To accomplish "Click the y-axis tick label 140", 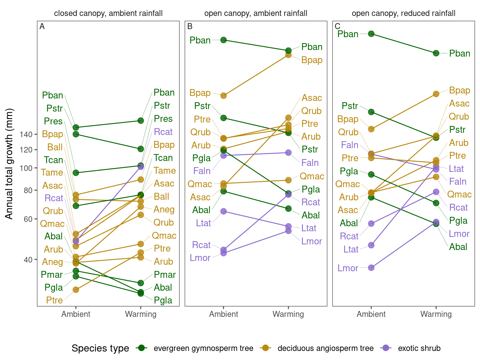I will click(x=26, y=134).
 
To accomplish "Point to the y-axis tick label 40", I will click(x=28, y=260).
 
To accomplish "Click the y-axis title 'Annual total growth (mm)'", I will click(x=9, y=164).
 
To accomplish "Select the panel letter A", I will click(x=42, y=27).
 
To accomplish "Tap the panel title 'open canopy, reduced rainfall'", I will click(x=403, y=13).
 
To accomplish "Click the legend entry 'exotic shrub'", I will click(x=419, y=348).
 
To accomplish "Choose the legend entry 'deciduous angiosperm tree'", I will click(x=325, y=348).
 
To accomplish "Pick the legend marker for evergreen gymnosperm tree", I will click(x=142, y=348).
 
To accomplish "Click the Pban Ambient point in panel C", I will click(x=371, y=34).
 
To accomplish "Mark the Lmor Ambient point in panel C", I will click(x=371, y=268).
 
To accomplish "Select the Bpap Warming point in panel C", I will click(x=436, y=94).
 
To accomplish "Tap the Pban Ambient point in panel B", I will click(x=223, y=40).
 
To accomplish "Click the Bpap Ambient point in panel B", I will click(x=223, y=96).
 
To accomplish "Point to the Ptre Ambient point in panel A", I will click(x=76, y=290).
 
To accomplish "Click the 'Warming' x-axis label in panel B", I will click(x=288, y=314).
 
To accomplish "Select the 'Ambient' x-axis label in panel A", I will click(x=76, y=314).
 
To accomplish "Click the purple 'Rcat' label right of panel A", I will click(x=163, y=132).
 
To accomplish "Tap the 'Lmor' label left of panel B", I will click(x=200, y=258).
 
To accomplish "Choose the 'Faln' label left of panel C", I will click(x=350, y=145).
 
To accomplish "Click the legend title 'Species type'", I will click(x=100, y=348).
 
